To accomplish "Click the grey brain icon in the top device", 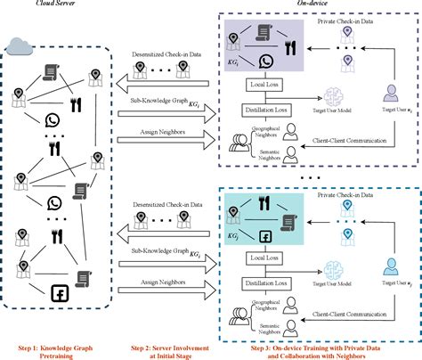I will pyautogui.click(x=338, y=96).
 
